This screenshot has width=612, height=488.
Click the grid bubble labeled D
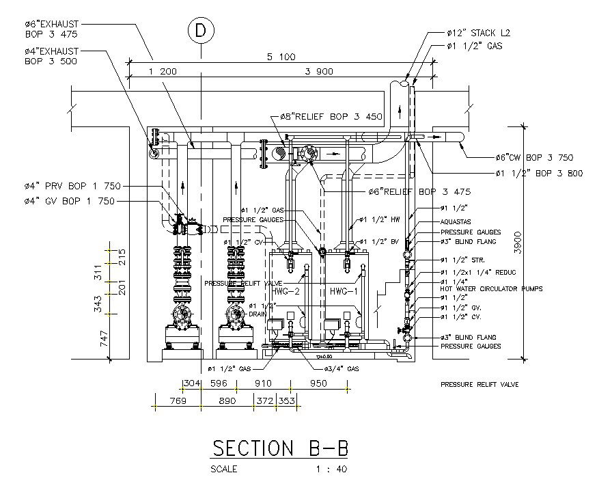[x=200, y=31]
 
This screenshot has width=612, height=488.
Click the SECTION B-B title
[x=280, y=448]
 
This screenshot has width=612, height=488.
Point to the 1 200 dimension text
[x=163, y=70]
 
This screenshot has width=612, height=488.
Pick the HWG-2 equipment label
[x=287, y=291]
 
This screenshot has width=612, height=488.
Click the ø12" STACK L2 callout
[x=478, y=33]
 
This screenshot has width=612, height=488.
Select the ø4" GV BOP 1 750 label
[x=68, y=201]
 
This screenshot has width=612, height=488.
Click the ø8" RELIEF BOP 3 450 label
[x=331, y=116]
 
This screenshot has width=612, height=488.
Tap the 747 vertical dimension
[x=105, y=338]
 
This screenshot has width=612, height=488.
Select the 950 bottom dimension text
[x=318, y=383]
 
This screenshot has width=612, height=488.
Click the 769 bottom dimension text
[x=178, y=401]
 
